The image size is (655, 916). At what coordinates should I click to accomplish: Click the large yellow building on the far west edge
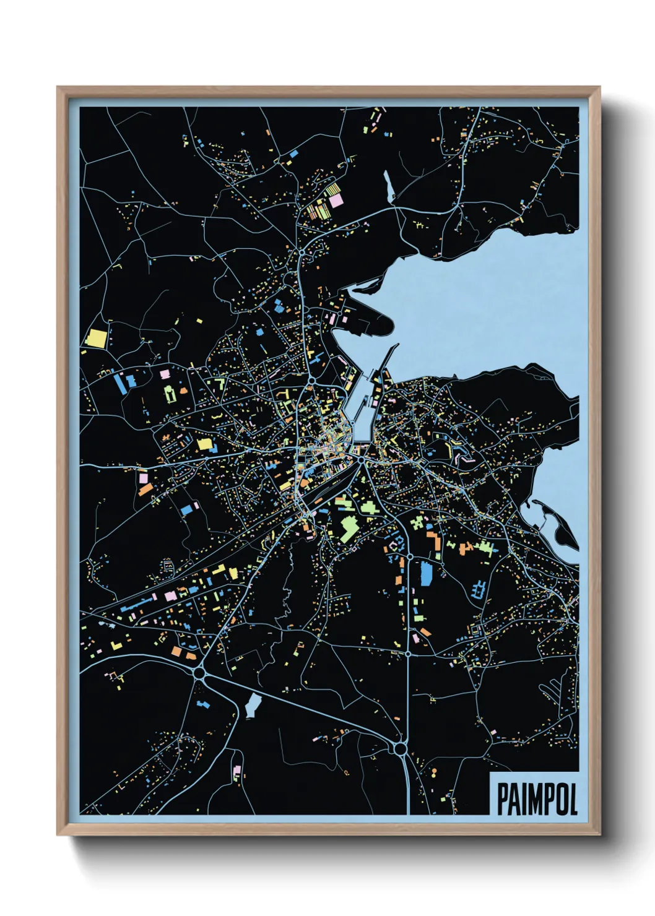click(x=97, y=338)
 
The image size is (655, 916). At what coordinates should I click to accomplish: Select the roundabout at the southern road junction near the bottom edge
click(x=400, y=750)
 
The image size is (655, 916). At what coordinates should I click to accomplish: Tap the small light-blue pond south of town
click(x=253, y=704)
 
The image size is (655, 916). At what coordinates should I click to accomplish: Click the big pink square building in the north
click(x=335, y=201)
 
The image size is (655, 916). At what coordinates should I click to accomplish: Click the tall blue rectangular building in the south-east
click(x=426, y=572)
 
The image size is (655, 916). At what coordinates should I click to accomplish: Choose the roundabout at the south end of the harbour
click(x=360, y=460)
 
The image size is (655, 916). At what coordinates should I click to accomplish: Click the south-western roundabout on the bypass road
click(x=199, y=672)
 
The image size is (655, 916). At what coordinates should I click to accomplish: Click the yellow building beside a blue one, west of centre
click(x=204, y=444)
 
